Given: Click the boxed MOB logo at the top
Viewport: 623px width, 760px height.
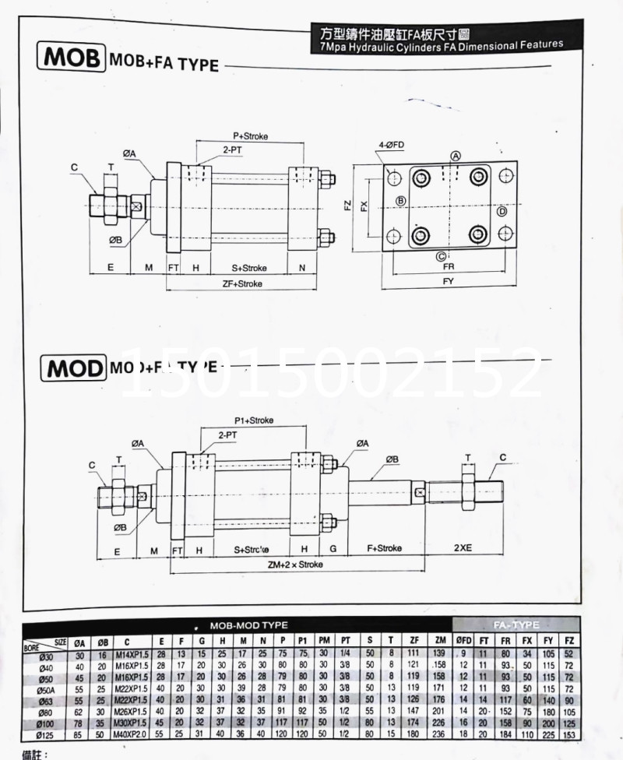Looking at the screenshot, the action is [x=71, y=59].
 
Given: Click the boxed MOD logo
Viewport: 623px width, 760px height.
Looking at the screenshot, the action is [x=72, y=367].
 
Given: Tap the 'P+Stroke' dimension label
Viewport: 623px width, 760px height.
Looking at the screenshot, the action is [x=250, y=136].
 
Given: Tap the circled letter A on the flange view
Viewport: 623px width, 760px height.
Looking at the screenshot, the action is [x=456, y=156].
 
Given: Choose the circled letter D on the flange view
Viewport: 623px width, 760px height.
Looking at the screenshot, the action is [x=502, y=211].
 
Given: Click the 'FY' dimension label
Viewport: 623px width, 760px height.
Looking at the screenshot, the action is [x=448, y=280].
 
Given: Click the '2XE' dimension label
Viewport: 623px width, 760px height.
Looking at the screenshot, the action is [x=463, y=547].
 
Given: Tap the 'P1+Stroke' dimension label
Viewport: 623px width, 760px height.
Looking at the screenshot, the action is [x=254, y=420].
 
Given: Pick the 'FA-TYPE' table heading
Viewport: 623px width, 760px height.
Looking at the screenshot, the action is [x=516, y=625].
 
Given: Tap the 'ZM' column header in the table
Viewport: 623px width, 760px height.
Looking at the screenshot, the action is [x=439, y=642].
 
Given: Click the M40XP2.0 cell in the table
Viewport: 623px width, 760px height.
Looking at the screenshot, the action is [x=128, y=735].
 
